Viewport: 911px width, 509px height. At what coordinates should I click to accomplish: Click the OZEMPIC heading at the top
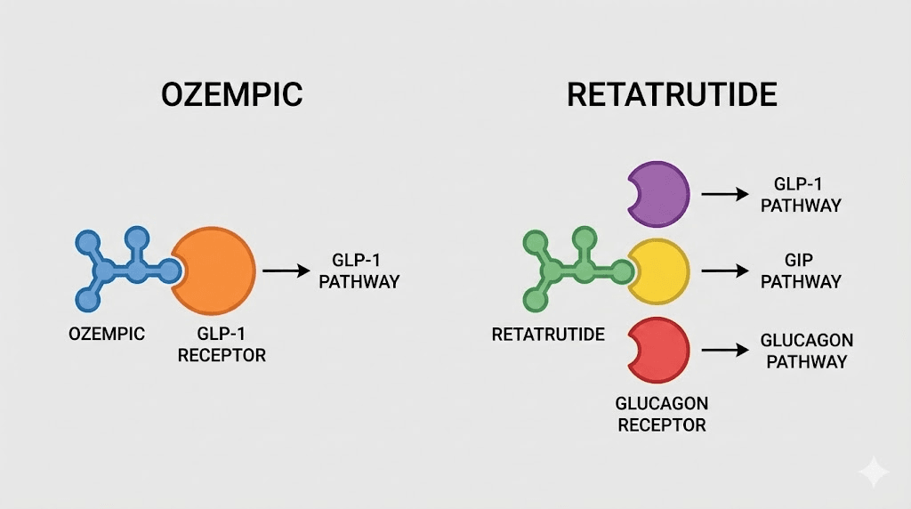point(232,94)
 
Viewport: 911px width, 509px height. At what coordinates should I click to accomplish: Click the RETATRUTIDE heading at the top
point(672,94)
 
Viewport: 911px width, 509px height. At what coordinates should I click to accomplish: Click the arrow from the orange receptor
point(286,271)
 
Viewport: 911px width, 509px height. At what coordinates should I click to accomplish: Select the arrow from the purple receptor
point(725,194)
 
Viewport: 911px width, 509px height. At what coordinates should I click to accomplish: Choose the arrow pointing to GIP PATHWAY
point(725,271)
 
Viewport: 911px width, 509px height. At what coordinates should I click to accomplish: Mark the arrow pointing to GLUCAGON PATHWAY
point(725,350)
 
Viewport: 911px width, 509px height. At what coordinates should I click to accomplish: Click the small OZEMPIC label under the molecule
point(107,334)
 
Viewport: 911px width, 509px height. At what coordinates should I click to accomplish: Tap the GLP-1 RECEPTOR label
point(222,344)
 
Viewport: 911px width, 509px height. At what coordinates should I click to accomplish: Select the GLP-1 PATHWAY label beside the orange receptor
point(359,271)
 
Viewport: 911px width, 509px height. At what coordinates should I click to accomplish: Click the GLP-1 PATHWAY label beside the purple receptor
point(801,195)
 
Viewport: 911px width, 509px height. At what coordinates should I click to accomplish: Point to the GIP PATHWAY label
point(801,271)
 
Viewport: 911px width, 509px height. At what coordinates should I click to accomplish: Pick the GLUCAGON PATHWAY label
point(806,351)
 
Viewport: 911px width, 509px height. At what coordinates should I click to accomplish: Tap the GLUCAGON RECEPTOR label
point(662,415)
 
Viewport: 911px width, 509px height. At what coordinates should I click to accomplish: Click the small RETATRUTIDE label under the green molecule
point(548,335)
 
